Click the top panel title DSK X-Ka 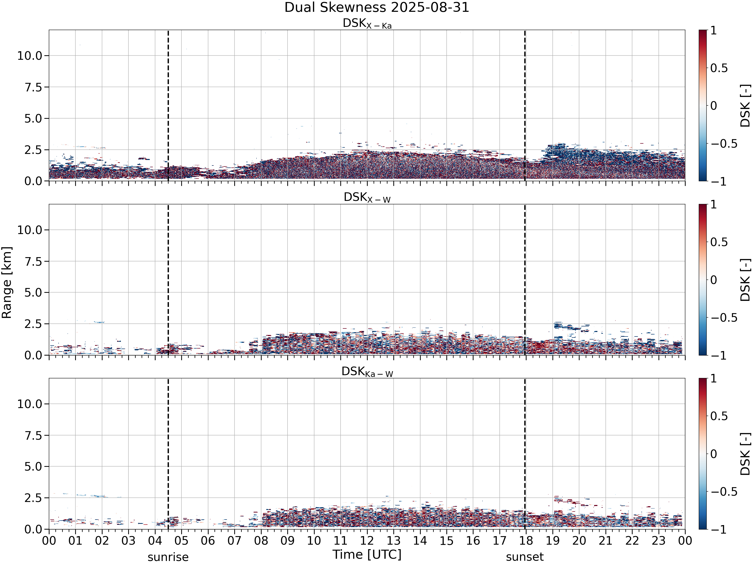tap(367, 24)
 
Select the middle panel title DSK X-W tap(367, 198)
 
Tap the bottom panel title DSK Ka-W tap(367, 372)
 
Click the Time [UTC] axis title tap(367, 554)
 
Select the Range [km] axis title tap(7, 283)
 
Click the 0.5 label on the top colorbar tap(719, 68)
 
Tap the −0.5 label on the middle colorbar tap(724, 318)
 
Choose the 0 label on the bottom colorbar tap(714, 454)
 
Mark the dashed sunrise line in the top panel tap(168, 105)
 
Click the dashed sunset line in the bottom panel tap(525, 454)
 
